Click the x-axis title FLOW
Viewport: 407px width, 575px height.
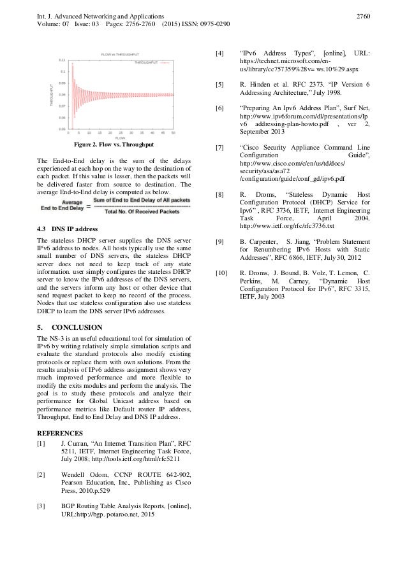click(121, 138)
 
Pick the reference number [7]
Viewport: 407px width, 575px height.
click(219, 147)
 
